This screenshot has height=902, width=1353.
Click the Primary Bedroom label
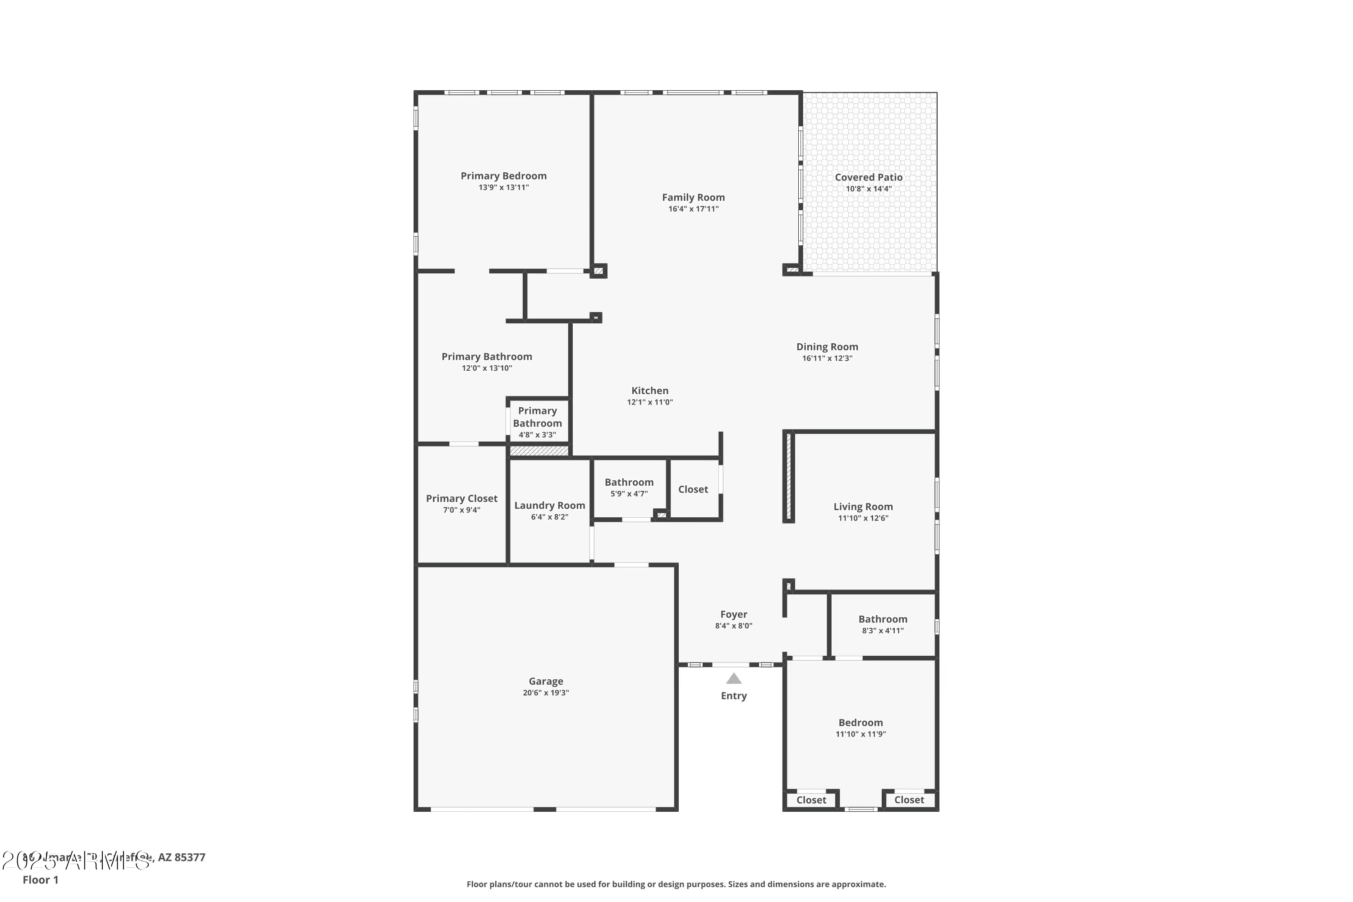click(503, 176)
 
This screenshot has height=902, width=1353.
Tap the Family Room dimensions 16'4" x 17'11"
click(693, 209)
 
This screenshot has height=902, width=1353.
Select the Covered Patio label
click(869, 177)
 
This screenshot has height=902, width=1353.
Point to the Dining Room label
click(827, 347)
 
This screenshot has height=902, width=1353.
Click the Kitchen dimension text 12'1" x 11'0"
click(649, 402)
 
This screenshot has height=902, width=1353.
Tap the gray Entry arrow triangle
click(733, 679)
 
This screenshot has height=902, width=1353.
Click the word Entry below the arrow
click(733, 696)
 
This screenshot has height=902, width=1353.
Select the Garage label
click(546, 681)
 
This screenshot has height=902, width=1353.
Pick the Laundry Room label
click(549, 506)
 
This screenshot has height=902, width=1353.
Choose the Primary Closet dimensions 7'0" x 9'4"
click(461, 510)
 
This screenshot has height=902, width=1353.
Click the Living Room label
click(863, 507)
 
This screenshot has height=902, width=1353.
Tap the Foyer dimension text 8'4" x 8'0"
click(733, 626)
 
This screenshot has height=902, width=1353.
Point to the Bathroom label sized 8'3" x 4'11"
click(883, 619)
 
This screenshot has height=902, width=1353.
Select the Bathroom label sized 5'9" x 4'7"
click(629, 482)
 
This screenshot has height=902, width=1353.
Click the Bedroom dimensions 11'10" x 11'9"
click(861, 734)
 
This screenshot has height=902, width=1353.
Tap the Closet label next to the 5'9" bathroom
click(693, 489)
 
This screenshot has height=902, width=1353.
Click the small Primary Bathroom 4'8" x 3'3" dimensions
click(537, 435)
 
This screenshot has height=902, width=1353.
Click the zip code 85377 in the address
click(189, 857)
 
